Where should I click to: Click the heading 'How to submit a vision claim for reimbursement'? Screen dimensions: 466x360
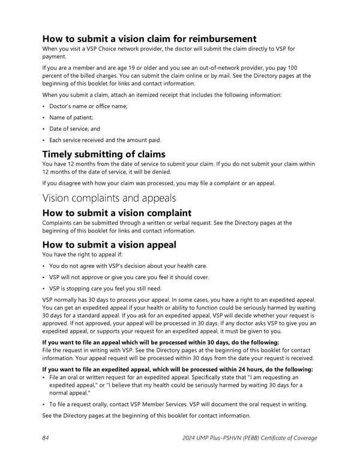(149, 39)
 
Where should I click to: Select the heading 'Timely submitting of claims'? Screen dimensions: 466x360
(104, 154)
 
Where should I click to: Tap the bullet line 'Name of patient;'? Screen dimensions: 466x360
(74, 118)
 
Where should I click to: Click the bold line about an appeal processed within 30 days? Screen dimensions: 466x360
(161, 342)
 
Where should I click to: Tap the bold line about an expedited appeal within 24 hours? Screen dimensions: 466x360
(178, 369)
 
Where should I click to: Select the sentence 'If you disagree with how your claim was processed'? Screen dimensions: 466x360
(158, 183)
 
